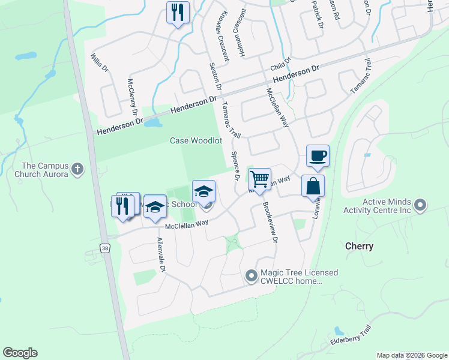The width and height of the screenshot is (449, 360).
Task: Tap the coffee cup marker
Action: [x=318, y=157]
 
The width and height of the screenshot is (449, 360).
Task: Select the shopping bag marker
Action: [x=313, y=186]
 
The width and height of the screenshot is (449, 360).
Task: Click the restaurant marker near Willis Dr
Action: [x=178, y=13]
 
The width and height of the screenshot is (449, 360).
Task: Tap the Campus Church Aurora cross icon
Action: [x=77, y=170]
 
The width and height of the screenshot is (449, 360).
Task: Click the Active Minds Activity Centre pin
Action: [x=420, y=206]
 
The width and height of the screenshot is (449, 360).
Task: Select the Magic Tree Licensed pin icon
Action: [x=252, y=277]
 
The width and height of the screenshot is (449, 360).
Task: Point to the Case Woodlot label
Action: [x=196, y=140]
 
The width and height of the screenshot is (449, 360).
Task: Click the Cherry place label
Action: [x=359, y=246]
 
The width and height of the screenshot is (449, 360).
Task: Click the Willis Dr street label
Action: [x=98, y=63]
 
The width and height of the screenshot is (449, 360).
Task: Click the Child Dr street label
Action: [x=280, y=62]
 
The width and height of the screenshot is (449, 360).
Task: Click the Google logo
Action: [x=20, y=353]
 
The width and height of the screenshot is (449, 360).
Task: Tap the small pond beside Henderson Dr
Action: [x=153, y=123]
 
